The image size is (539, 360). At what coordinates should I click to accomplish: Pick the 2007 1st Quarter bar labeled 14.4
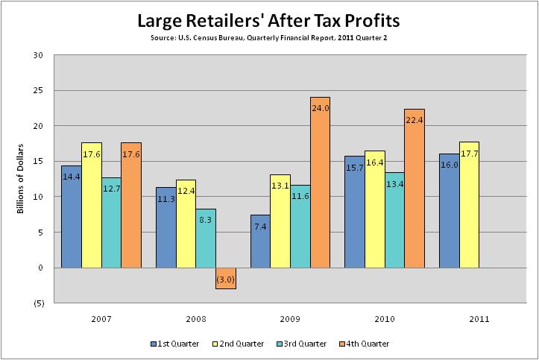(72, 216)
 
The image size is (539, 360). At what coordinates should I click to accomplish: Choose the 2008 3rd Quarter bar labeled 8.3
(206, 238)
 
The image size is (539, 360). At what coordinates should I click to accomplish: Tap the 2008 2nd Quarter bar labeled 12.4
(186, 224)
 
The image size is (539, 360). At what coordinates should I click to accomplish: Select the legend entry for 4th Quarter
(365, 344)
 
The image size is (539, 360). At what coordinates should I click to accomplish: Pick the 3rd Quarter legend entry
(302, 344)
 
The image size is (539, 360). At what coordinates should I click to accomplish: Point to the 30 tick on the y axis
(38, 55)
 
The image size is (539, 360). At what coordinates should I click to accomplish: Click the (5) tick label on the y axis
(38, 303)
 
